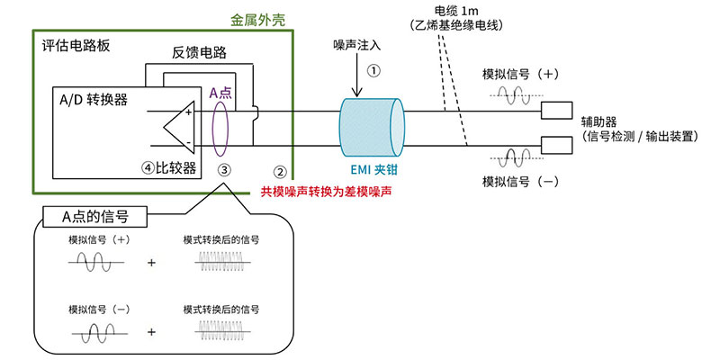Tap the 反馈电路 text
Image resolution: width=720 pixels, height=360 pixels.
[x=199, y=53]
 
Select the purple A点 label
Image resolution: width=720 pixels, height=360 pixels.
[x=220, y=92]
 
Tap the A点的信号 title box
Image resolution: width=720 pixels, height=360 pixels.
[x=93, y=215]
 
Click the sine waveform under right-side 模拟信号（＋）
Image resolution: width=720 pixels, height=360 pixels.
[x=516, y=94]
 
